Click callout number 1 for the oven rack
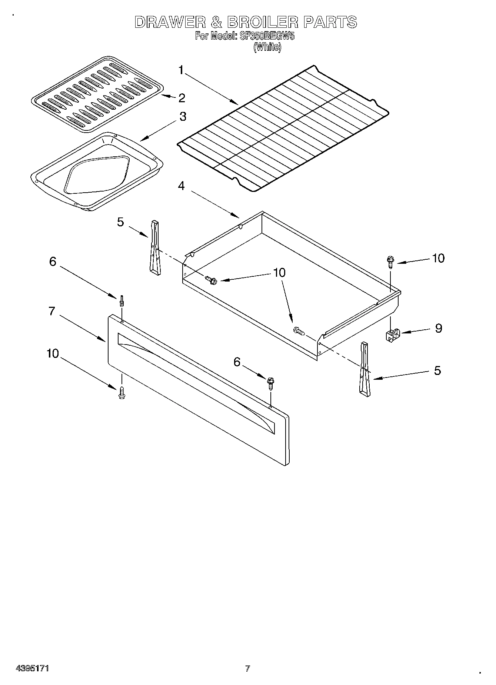click(181, 70)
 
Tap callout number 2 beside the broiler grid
click(182, 98)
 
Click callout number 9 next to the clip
click(438, 328)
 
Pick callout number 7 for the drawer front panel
click(52, 311)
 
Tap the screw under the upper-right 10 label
click(390, 262)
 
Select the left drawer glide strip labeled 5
click(154, 247)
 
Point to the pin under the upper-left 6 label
click(121, 300)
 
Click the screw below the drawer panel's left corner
click(121, 392)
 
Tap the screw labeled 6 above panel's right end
click(270, 383)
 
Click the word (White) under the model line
click(267, 47)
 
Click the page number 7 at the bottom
click(247, 668)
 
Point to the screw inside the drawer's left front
click(211, 280)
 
